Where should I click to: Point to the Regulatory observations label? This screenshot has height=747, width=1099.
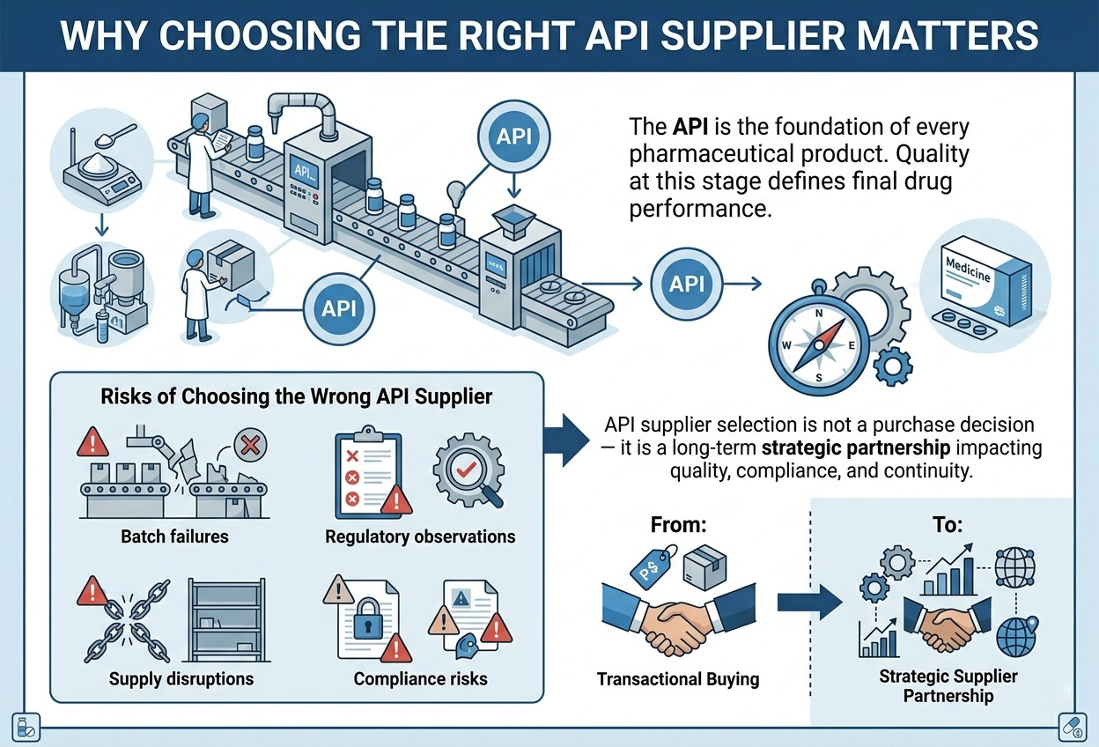[420, 536]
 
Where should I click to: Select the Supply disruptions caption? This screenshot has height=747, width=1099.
[181, 678]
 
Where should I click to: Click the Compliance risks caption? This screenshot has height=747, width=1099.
[420, 678]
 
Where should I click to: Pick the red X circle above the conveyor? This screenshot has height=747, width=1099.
[249, 447]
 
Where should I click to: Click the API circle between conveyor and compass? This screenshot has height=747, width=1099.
[686, 285]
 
